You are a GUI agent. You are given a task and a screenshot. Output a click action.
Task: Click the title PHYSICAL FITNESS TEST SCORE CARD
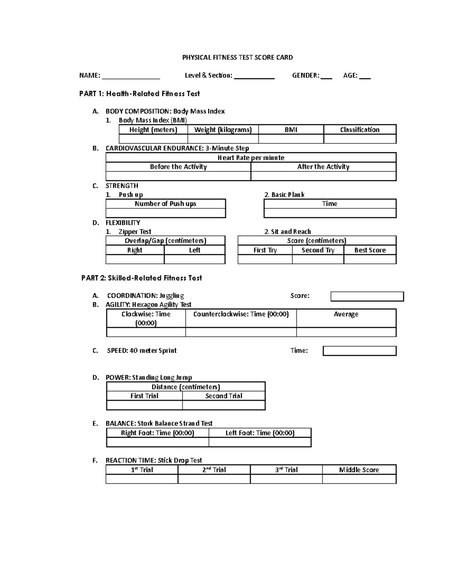pos(237,58)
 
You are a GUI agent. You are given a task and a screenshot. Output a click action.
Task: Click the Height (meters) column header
pos(153,130)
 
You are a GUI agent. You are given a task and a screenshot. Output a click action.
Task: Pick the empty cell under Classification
pos(360,139)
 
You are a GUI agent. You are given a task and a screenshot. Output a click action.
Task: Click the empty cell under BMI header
pos(291,139)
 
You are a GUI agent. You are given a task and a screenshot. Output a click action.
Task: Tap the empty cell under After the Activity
pos(323,176)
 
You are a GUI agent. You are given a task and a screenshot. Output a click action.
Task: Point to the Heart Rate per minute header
pos(251,158)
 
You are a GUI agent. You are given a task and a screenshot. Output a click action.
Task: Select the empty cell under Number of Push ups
pos(165,213)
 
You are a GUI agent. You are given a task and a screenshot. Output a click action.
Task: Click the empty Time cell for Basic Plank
pos(330,213)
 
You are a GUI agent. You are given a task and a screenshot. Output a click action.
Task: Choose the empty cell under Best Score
pos(370,260)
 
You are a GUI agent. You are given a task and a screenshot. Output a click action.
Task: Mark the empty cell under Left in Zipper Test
pos(195,260)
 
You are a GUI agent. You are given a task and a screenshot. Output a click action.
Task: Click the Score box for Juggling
pos(367,297)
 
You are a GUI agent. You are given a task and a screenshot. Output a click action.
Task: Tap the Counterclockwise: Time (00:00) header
pos(241,314)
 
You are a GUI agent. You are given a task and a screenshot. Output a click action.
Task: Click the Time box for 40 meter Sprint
pos(359,351)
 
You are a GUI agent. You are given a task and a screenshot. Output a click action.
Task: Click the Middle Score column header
pos(359,470)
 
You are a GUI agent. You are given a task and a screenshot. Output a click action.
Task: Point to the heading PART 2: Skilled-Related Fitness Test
pos(141,278)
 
